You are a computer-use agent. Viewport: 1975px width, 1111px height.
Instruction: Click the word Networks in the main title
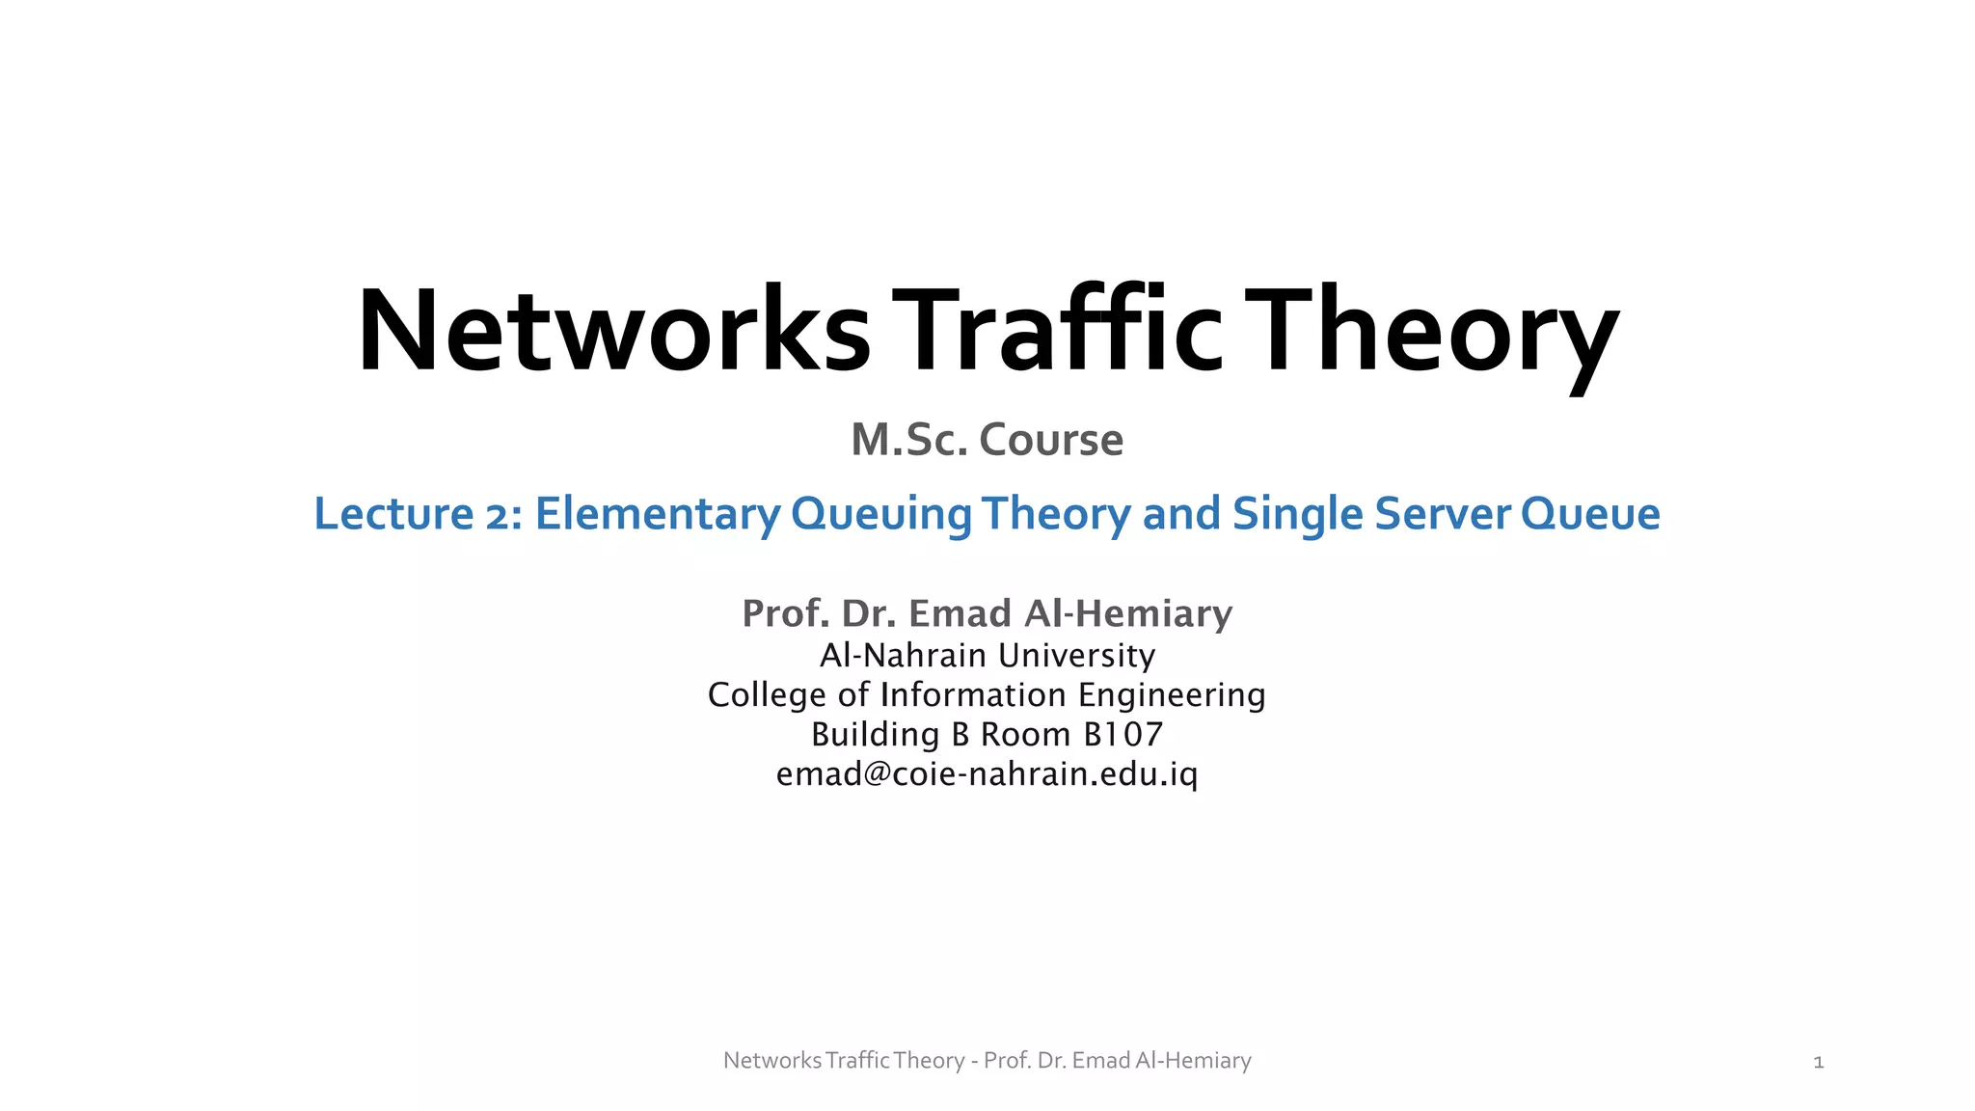tap(613, 330)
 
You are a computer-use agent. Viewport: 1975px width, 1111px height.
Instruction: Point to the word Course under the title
tap(1051, 440)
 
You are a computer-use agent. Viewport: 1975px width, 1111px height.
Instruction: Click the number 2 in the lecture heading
tap(498, 514)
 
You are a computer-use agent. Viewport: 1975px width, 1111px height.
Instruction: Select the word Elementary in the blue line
tap(658, 514)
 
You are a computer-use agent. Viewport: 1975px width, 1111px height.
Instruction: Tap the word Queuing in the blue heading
tap(880, 514)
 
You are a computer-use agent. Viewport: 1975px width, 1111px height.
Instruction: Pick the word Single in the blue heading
tap(1298, 514)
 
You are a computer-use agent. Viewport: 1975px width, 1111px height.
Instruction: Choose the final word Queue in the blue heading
tap(1590, 514)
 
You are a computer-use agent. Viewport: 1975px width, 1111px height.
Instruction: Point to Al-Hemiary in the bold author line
tap(1128, 613)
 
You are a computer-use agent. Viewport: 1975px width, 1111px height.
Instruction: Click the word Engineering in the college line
tap(1172, 695)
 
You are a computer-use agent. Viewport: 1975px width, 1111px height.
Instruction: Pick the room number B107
tap(1123, 735)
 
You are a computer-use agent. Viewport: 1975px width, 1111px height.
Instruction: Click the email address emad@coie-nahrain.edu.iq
tap(987, 774)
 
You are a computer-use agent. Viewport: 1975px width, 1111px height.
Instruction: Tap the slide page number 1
tap(1819, 1063)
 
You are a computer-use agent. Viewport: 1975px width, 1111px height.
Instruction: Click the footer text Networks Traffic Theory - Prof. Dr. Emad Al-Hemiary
tap(987, 1061)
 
